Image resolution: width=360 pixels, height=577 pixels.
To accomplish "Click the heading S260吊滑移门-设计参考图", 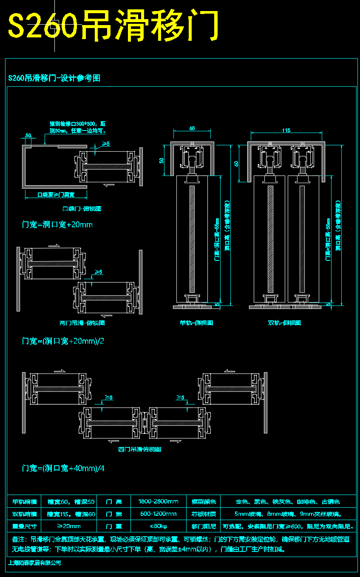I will (54, 78).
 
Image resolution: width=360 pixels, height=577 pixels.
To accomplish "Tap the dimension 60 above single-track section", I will (192, 128).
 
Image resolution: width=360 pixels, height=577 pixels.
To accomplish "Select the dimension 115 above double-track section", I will (286, 130).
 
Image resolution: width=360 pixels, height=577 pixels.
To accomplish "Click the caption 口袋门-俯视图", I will (82, 209).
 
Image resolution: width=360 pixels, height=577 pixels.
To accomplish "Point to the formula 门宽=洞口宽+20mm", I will (57, 224).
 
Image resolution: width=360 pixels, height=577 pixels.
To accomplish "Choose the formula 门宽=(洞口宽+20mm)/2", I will (63, 341).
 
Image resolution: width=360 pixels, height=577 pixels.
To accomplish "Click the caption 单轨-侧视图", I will (196, 323).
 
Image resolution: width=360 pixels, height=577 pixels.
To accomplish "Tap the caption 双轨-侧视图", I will (284, 323).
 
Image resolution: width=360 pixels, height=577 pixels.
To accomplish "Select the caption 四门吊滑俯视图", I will (139, 449).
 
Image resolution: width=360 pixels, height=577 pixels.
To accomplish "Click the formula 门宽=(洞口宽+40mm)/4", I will (63, 468).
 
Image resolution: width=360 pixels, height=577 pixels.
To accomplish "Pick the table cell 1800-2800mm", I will (158, 502).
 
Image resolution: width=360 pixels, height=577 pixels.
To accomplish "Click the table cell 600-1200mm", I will (158, 514).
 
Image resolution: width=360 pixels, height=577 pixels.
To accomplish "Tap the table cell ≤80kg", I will (158, 526).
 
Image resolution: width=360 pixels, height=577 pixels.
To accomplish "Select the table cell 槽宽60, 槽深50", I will (71, 502).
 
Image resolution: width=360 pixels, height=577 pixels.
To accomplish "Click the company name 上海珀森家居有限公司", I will (35, 563).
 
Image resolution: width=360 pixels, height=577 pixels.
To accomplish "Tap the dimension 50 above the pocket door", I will (28, 136).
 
